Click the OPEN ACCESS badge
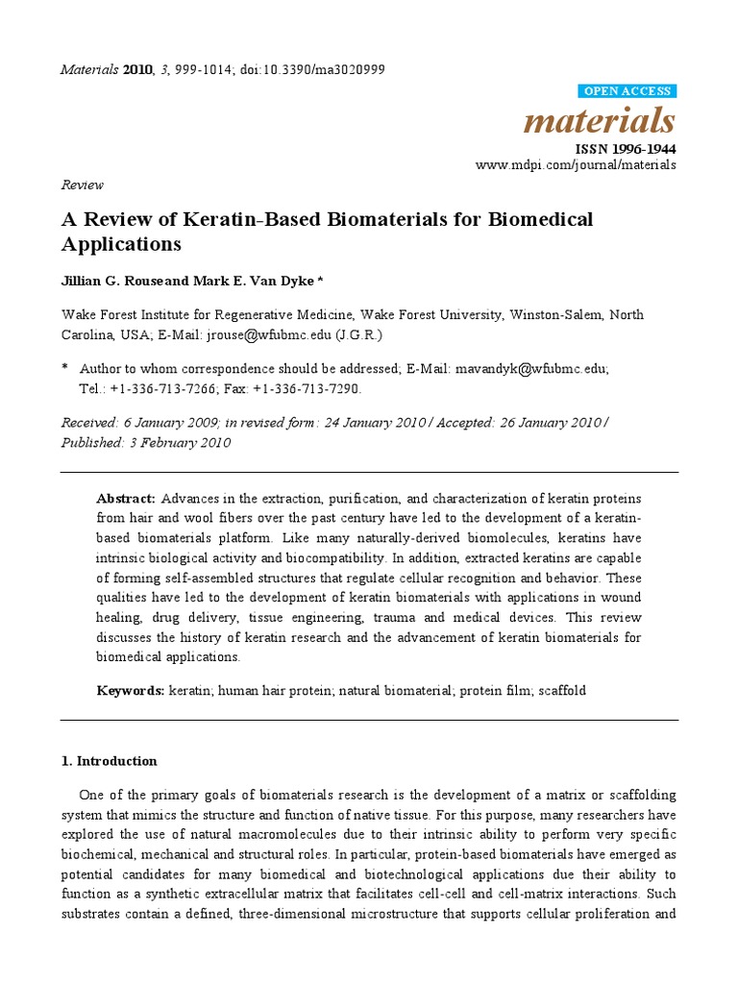[x=627, y=91]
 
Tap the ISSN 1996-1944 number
[x=625, y=149]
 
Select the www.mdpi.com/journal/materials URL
[x=576, y=165]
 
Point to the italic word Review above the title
[x=82, y=184]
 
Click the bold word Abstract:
[x=126, y=499]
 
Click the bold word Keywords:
[x=131, y=691]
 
